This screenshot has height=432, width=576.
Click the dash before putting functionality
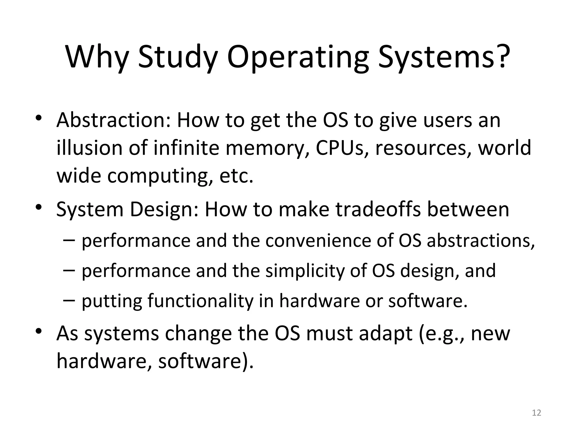[x=69, y=300]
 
